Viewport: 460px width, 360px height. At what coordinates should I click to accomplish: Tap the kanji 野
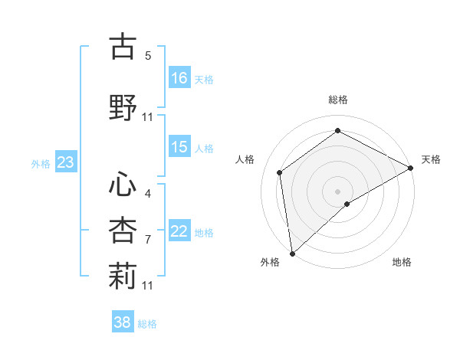tap(123, 107)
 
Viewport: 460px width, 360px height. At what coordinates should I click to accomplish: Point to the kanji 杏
tap(123, 230)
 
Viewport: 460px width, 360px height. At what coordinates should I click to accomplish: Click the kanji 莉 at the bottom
tap(123, 276)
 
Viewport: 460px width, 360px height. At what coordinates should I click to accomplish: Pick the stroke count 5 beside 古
tap(148, 56)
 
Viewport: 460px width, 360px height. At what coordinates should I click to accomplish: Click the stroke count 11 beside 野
tap(148, 117)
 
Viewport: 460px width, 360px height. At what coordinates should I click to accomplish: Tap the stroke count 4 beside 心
tap(148, 194)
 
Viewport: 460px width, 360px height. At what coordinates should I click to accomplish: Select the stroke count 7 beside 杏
tap(148, 240)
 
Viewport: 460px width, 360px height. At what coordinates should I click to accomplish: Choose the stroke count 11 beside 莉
tap(148, 286)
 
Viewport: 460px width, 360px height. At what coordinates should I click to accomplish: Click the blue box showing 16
tap(179, 77)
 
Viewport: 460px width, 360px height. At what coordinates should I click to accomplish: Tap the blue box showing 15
tap(179, 147)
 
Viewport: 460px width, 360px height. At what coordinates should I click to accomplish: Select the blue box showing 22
tap(179, 231)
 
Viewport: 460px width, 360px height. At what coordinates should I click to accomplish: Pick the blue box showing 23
tap(65, 162)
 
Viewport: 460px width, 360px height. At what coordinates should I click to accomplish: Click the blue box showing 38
tap(123, 322)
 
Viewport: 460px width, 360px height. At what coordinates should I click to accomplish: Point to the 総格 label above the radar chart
tap(338, 100)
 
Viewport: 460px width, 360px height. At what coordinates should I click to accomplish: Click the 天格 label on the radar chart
tap(431, 159)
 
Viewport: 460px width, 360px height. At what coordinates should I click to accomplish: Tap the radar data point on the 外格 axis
tap(292, 253)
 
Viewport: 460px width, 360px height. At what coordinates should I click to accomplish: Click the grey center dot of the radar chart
tap(338, 191)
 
